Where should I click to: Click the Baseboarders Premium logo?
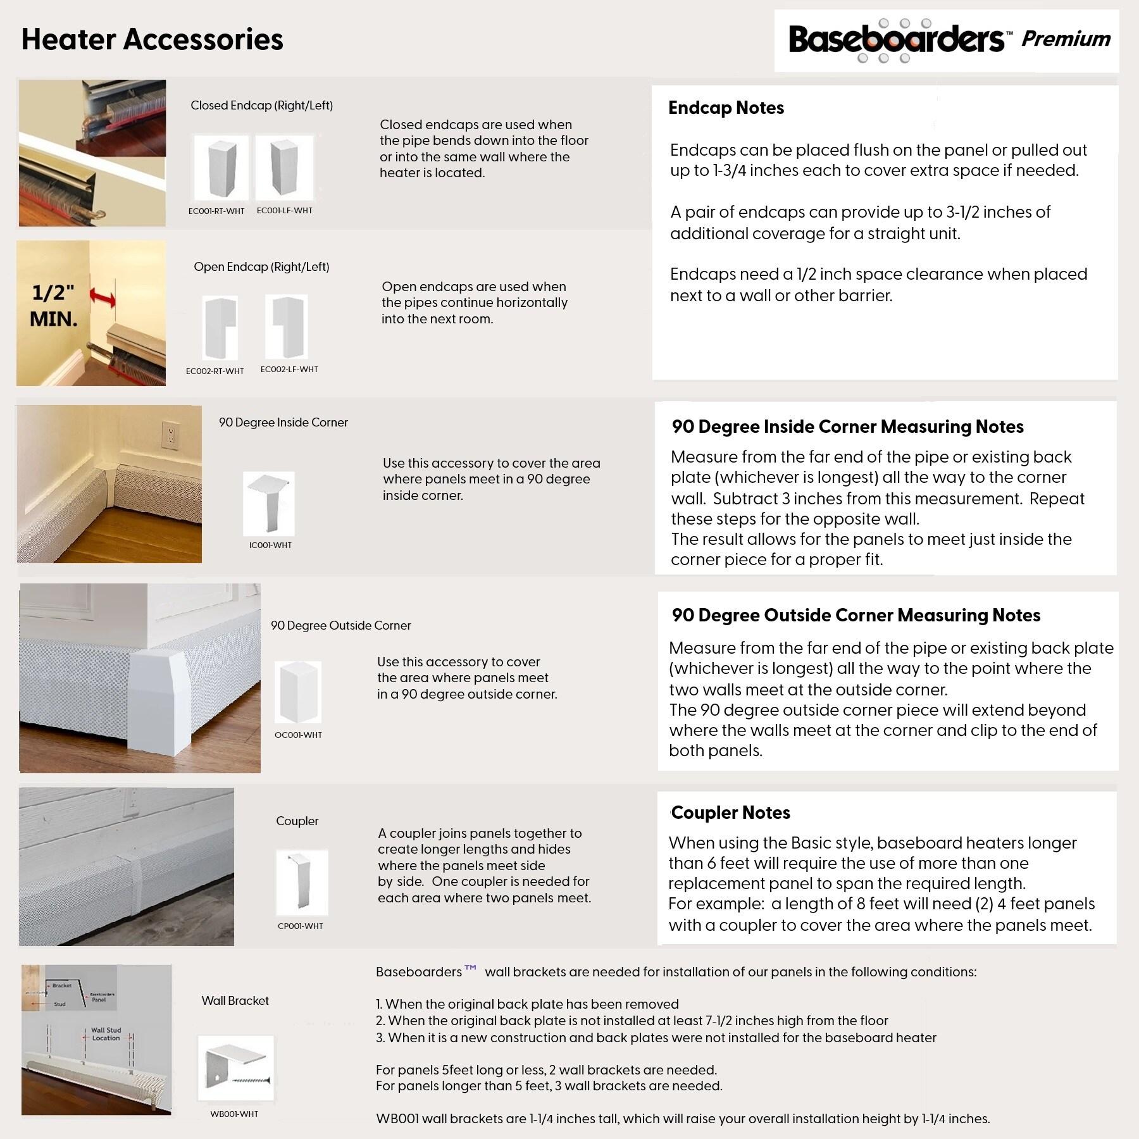coord(947,40)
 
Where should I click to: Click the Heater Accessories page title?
coord(152,39)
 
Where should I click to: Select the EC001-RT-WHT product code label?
coord(216,211)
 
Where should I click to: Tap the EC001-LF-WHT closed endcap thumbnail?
coord(284,168)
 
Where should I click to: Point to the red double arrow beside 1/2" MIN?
coord(103,297)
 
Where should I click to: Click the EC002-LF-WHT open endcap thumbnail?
coord(287,327)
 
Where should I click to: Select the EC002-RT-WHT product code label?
coord(215,371)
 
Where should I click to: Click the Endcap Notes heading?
coord(726,108)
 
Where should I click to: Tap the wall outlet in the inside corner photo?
coord(169,435)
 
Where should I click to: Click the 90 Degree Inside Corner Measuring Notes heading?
coord(847,426)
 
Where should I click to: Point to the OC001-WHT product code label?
coord(298,735)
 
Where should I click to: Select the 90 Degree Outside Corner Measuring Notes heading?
coord(856,615)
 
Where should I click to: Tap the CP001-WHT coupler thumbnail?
coord(302,883)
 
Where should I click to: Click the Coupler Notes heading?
coord(730,812)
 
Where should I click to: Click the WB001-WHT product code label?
coord(234,1114)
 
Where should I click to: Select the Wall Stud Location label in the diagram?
coord(106,1034)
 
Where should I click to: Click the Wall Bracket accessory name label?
coord(235,1001)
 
